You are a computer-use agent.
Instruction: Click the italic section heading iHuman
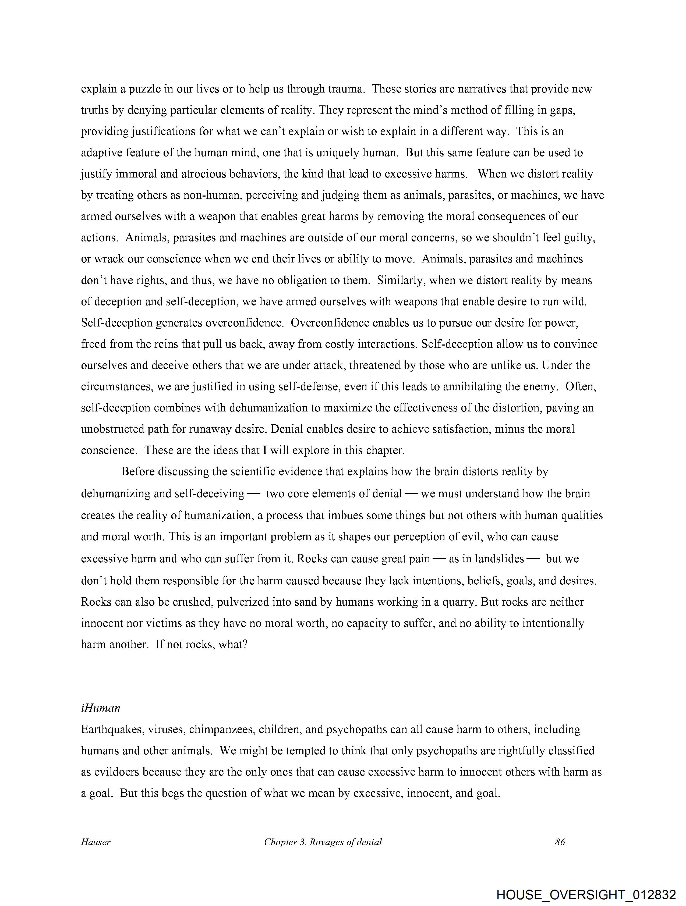pos(100,708)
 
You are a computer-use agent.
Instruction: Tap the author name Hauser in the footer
pos(96,842)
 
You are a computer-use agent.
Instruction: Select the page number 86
pos(560,842)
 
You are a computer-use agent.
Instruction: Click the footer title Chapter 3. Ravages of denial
pos(323,842)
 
